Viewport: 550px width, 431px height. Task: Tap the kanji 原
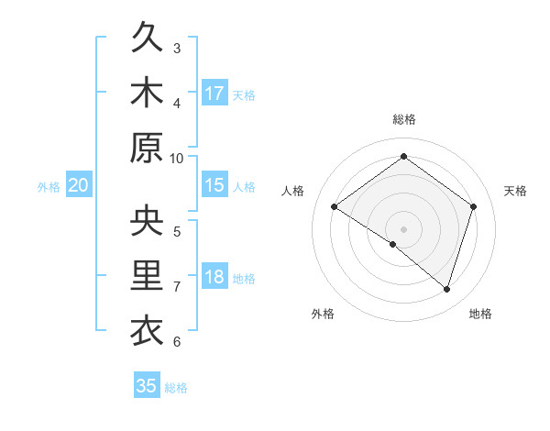[x=147, y=148]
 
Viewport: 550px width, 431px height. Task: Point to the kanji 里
[x=147, y=276]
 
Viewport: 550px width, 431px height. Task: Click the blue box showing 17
[x=214, y=93]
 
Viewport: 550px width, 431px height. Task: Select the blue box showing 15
[x=214, y=185]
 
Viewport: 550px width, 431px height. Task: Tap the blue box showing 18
[x=214, y=277]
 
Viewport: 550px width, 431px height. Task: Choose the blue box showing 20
[x=79, y=186]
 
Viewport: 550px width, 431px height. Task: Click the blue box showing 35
[x=147, y=386]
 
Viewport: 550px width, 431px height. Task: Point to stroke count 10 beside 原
[x=177, y=158]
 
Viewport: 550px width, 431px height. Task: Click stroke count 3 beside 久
[x=177, y=48]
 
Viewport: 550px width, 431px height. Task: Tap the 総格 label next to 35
[x=176, y=388]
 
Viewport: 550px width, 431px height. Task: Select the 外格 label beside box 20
[x=49, y=187]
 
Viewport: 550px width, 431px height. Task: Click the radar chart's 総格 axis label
[x=404, y=119]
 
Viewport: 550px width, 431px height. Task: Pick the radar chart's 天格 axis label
[x=516, y=191]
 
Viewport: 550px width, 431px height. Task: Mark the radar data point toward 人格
[x=335, y=207]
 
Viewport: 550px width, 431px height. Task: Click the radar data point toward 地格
[x=446, y=289]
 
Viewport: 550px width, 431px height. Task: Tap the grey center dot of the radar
[x=403, y=228]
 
